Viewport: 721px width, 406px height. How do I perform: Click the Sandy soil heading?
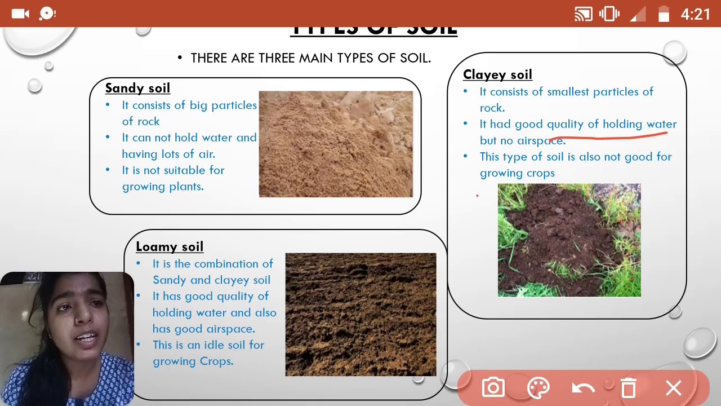click(137, 88)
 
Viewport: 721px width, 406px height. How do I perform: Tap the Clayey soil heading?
click(497, 74)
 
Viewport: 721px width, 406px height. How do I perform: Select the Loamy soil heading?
click(170, 246)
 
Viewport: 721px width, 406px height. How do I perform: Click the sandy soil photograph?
click(336, 144)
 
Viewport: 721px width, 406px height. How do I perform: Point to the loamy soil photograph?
click(360, 314)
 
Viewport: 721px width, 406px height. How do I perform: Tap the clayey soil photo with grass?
click(569, 240)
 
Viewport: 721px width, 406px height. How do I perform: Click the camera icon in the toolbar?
click(493, 388)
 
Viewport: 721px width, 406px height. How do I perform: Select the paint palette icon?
click(538, 388)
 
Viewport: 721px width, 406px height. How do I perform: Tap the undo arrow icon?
click(583, 388)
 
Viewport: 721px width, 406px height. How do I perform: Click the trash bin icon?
click(628, 388)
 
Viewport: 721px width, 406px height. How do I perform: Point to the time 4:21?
click(696, 14)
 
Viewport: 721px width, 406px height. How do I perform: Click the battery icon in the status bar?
click(664, 14)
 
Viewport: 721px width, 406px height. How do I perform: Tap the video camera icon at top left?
click(20, 14)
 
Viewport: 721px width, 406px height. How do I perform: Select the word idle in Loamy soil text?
click(215, 345)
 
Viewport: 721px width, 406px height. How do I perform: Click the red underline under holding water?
click(608, 135)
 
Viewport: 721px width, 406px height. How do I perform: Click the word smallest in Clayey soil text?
click(568, 92)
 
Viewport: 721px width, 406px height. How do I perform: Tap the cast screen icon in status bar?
click(584, 14)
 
